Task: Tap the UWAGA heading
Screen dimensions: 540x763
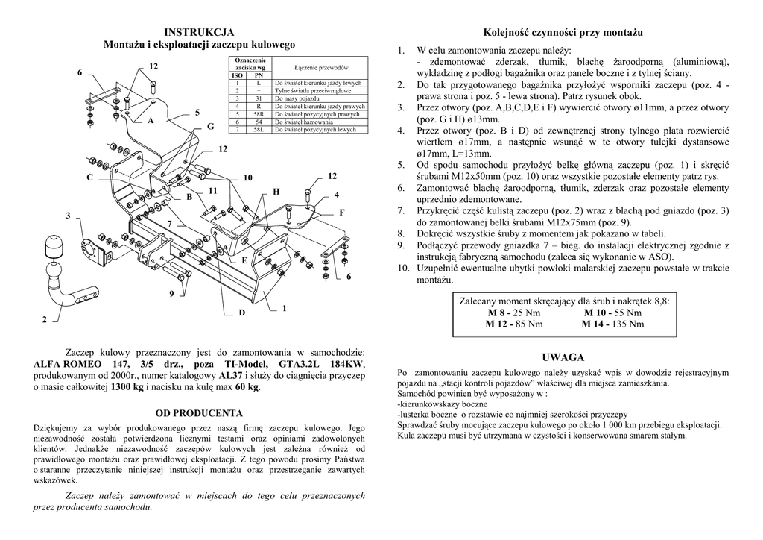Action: pos(563,357)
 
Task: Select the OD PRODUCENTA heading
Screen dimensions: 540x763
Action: pos(199,412)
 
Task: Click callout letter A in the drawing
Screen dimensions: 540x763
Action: pos(151,119)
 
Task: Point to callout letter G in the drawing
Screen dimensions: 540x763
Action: pos(211,127)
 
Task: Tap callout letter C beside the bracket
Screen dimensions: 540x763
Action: pos(89,177)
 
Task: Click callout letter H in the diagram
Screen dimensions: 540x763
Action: pos(276,192)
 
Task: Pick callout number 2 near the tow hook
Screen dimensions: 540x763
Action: pos(45,319)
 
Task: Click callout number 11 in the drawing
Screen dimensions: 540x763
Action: pos(213,191)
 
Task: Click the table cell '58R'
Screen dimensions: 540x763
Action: pos(259,114)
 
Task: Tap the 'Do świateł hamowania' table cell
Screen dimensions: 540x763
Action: pos(303,122)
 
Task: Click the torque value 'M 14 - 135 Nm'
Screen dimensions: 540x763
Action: pos(613,324)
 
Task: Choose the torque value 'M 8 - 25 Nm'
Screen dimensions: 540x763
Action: pos(513,313)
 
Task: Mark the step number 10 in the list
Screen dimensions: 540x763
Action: pos(403,267)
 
